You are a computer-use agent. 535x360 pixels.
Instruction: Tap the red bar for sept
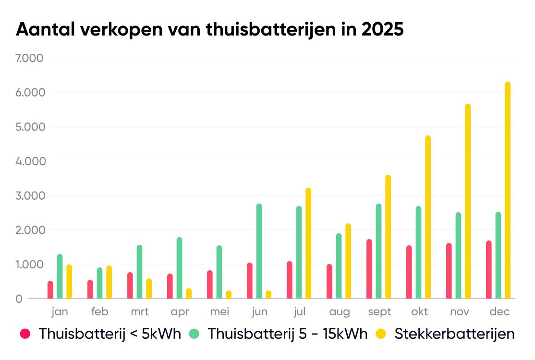click(x=369, y=269)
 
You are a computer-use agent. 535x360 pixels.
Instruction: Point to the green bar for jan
click(x=60, y=276)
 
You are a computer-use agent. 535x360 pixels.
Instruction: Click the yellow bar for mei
click(x=229, y=295)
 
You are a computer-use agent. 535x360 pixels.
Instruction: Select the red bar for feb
click(x=90, y=289)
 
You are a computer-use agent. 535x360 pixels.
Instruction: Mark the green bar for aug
click(x=339, y=266)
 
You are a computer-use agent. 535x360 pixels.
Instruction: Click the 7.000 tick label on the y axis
click(x=29, y=58)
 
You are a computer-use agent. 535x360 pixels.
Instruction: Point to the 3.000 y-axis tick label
click(x=29, y=196)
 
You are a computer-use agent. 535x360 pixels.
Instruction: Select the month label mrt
click(x=139, y=312)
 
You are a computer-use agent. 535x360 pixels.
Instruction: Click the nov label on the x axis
click(x=460, y=312)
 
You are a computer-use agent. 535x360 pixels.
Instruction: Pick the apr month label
click(x=179, y=312)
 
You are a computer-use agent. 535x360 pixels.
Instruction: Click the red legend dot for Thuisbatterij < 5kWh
click(x=25, y=334)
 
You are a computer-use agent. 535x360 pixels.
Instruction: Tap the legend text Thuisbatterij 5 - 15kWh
click(x=287, y=334)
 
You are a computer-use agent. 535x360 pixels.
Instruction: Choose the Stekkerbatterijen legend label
click(x=454, y=334)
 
